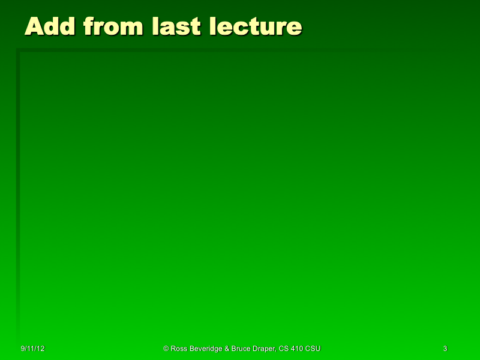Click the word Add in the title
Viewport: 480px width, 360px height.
point(50,26)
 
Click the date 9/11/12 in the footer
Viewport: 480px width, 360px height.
point(33,349)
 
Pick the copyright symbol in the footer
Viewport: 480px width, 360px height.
point(166,349)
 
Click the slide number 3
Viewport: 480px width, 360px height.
point(445,349)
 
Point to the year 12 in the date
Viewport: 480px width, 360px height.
point(41,349)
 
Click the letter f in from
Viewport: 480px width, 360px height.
point(88,26)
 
